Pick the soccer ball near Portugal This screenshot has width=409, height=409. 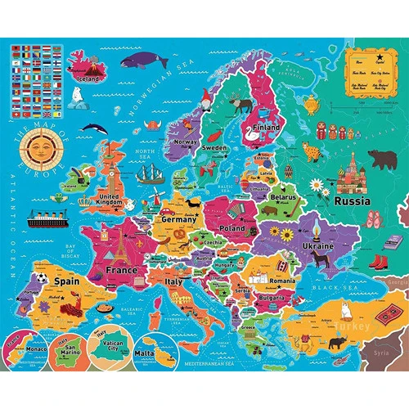[31, 293]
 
